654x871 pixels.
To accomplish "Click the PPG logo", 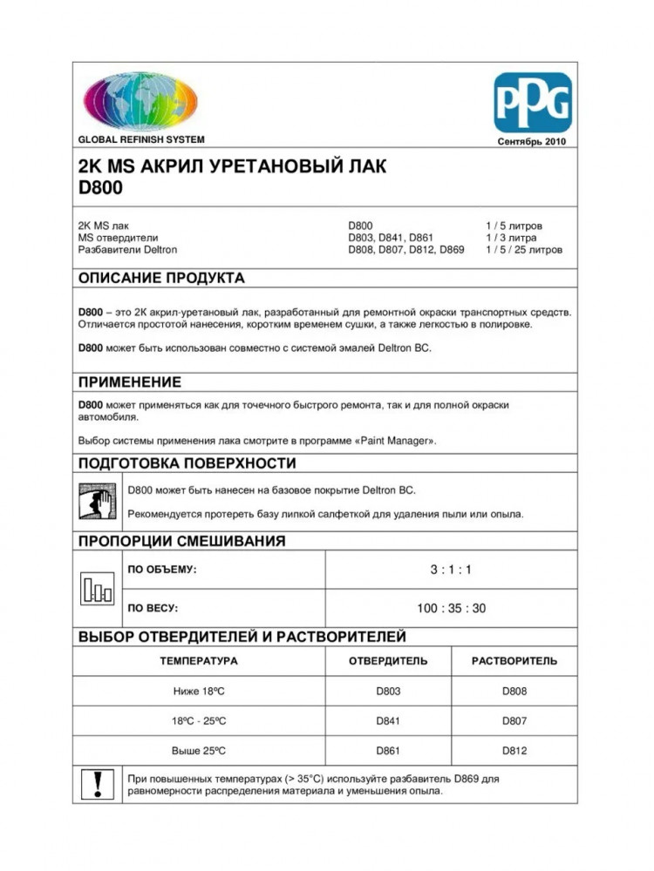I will pyautogui.click(x=533, y=103).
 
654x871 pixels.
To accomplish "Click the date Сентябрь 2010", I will pyautogui.click(x=532, y=141).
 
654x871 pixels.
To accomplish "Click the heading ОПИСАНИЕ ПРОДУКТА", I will pyautogui.click(x=161, y=279).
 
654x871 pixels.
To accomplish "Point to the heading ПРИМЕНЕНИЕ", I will pyautogui.click(x=130, y=382).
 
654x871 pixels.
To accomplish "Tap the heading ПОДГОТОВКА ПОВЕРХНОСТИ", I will pyautogui.click(x=187, y=463).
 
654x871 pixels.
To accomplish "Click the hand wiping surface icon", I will pyautogui.click(x=98, y=503).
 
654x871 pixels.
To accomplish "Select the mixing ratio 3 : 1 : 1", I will pyautogui.click(x=451, y=570).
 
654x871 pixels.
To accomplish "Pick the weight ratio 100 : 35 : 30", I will pyautogui.click(x=451, y=608).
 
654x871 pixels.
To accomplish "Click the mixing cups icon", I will pyautogui.click(x=97, y=590).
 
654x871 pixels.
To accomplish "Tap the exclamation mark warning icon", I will pyautogui.click(x=97, y=785).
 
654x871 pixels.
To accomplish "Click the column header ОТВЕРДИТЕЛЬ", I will pyautogui.click(x=388, y=661).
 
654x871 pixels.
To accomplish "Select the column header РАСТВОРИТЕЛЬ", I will pyautogui.click(x=514, y=661).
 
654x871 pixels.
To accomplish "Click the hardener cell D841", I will pyautogui.click(x=388, y=721).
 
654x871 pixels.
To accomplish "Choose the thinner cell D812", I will pyautogui.click(x=514, y=750).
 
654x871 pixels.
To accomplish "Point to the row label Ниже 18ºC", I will pyautogui.click(x=199, y=692).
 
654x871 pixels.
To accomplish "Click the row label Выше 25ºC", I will pyautogui.click(x=199, y=750).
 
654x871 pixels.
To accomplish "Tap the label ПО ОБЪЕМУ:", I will pyautogui.click(x=162, y=570).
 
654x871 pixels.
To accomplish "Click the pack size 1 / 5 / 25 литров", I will pyautogui.click(x=524, y=250).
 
